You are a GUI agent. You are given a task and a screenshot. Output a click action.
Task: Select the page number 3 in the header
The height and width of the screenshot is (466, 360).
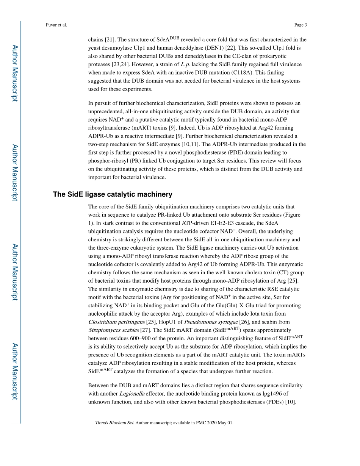click(305, 25)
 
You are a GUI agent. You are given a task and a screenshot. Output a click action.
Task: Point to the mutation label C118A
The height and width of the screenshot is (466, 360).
click(262, 72)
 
